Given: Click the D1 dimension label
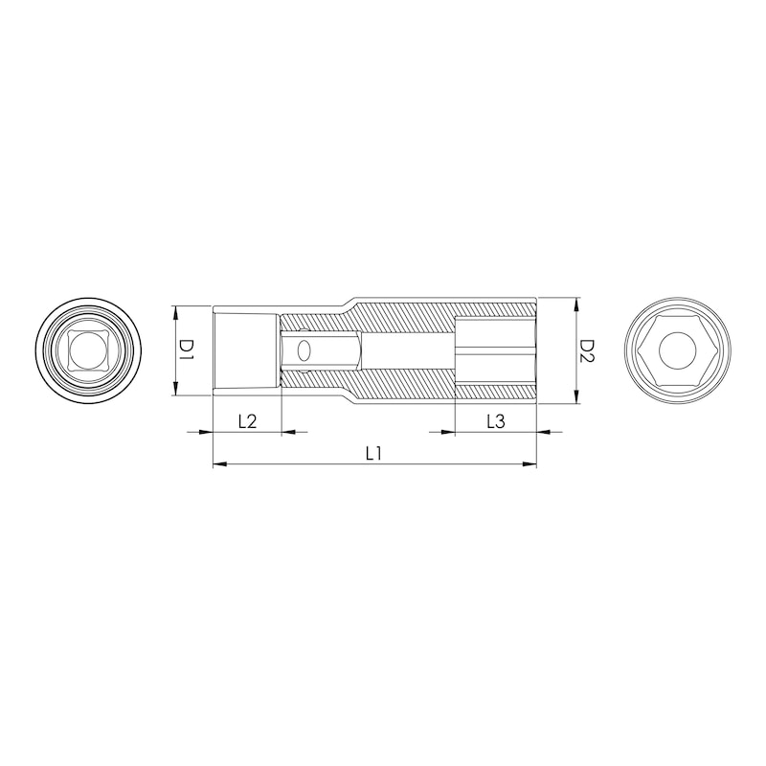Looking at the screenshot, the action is tap(186, 351).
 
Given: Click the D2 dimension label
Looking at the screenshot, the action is tap(587, 350).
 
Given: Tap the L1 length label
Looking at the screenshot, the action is tap(373, 454).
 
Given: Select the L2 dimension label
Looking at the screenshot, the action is tap(248, 421).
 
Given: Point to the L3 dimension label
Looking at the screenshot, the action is tap(496, 421).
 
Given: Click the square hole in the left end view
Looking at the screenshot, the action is tap(89, 349).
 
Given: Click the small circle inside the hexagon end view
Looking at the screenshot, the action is tap(678, 349).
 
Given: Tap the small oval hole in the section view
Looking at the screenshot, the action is tap(304, 350).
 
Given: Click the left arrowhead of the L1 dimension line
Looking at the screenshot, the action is tap(220, 464).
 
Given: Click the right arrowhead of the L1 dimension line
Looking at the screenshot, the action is tap(529, 464).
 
